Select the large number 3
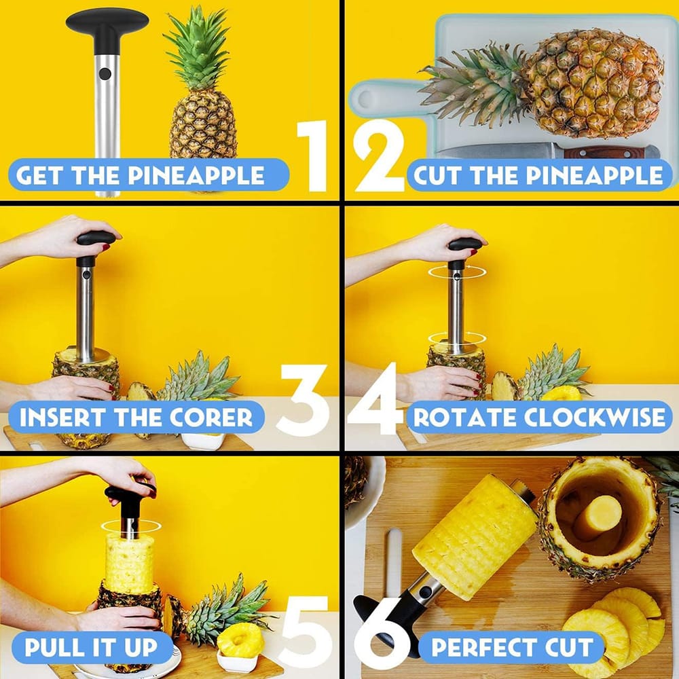point(303,399)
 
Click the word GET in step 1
point(39,175)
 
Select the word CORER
point(211,417)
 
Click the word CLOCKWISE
point(594,417)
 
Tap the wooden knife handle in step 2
point(612,152)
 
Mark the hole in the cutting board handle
point(365,98)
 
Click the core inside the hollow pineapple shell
point(601,517)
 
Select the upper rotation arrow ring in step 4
point(457,272)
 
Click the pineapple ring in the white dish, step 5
point(241,640)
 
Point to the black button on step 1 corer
point(105,74)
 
